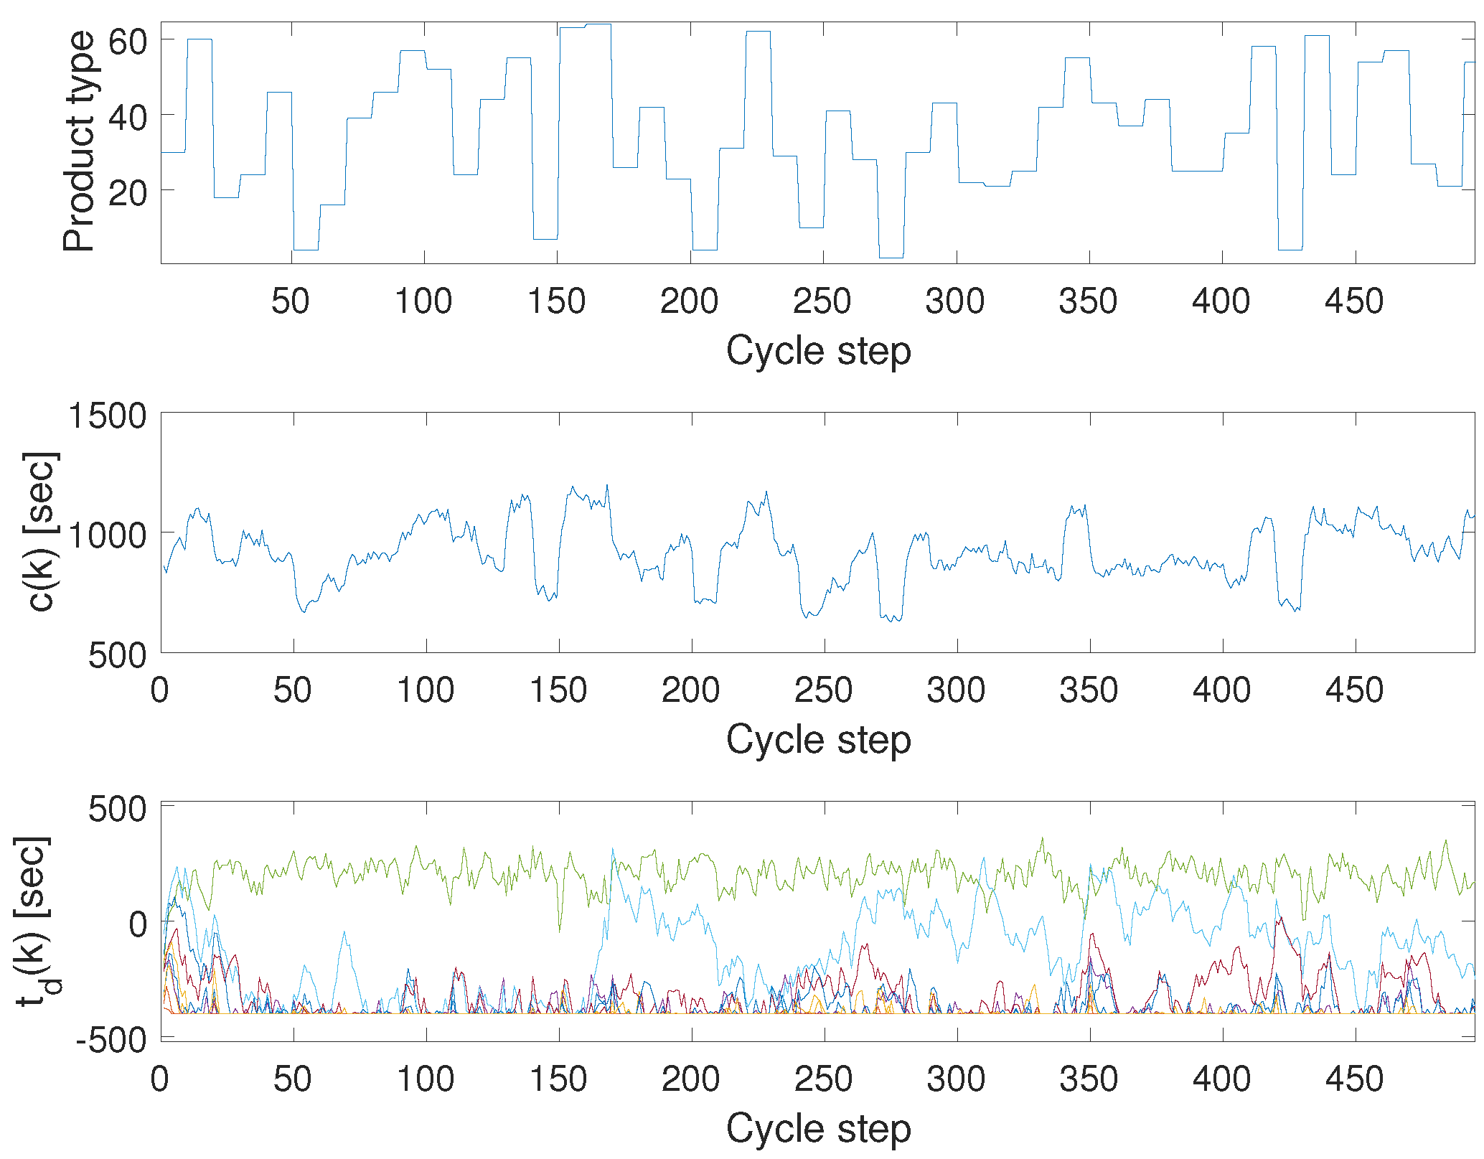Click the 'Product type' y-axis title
coord(79,141)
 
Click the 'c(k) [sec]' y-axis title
coord(42,532)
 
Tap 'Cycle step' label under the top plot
coord(818,351)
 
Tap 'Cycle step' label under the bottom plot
coord(818,1129)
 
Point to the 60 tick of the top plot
coord(127,42)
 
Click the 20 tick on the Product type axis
coord(127,192)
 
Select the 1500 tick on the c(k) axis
coord(107,416)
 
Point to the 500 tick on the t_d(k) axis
coord(117,810)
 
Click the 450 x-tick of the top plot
coord(1353,301)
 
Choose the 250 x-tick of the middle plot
coord(823,690)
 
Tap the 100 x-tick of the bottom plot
coord(426,1079)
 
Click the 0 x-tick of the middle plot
coord(159,690)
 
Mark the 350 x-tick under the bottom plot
coord(1089,1079)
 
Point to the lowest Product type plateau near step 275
coord(891,257)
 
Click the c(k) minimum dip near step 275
coord(892,621)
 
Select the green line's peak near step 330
coord(1042,838)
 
